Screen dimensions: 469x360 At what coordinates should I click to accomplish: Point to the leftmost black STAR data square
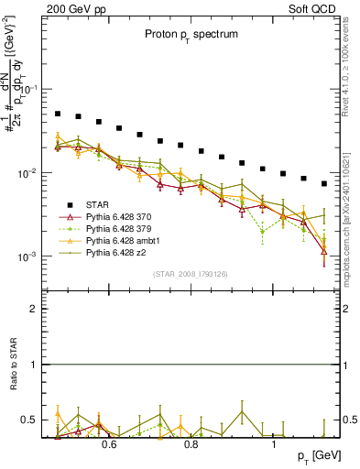[x=58, y=115]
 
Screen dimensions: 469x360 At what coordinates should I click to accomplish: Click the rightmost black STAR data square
[x=324, y=183]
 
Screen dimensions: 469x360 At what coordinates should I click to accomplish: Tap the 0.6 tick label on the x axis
[x=108, y=445]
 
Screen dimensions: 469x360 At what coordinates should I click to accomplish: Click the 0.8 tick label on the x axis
[x=191, y=445]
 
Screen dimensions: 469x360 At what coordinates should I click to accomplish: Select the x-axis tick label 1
[x=275, y=445]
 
